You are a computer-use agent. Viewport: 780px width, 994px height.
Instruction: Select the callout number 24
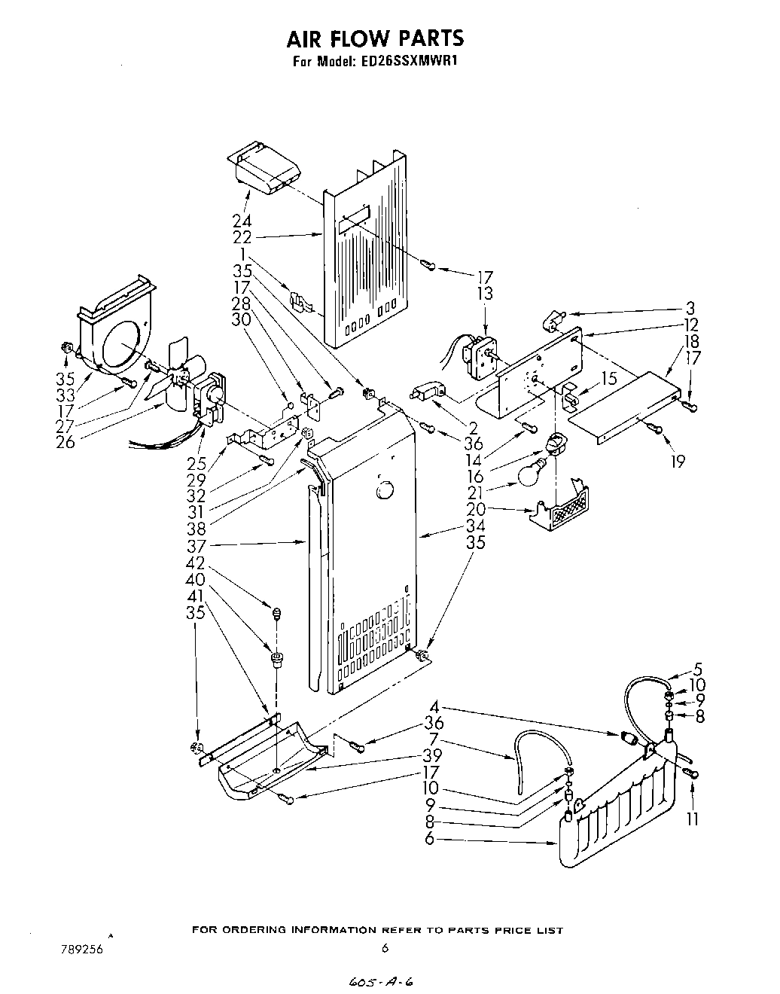pyautogui.click(x=242, y=221)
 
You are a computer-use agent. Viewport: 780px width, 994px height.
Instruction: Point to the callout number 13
pyautogui.click(x=485, y=294)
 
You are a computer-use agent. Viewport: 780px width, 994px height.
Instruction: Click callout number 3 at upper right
pyautogui.click(x=690, y=309)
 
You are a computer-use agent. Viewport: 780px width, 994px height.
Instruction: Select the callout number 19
pyautogui.click(x=678, y=461)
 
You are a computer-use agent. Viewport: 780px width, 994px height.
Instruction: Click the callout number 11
pyautogui.click(x=692, y=819)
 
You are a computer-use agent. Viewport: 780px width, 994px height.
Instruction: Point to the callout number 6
pyautogui.click(x=429, y=839)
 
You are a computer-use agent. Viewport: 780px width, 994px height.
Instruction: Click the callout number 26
pyautogui.click(x=66, y=442)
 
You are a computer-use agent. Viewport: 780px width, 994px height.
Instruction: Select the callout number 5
pyautogui.click(x=698, y=668)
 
